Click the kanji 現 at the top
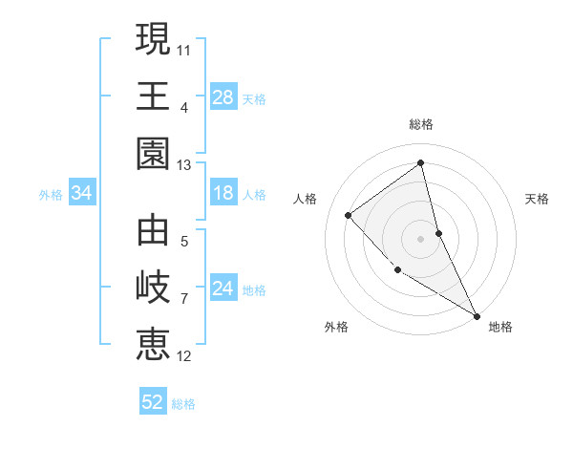tap(153, 40)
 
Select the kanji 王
tap(153, 96)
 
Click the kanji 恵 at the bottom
tap(153, 344)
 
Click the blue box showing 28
tap(223, 97)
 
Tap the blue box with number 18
tap(223, 194)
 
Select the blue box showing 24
tap(223, 289)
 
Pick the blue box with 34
tap(82, 194)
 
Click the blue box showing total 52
tap(153, 402)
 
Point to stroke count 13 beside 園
tap(183, 165)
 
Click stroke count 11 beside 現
tap(184, 48)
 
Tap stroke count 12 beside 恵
tap(184, 356)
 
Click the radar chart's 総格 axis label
tap(421, 124)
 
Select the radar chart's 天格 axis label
tap(538, 199)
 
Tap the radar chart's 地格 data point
tap(477, 315)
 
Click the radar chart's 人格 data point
tap(349, 215)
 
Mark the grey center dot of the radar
tap(421, 238)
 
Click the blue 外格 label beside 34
tap(51, 195)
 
